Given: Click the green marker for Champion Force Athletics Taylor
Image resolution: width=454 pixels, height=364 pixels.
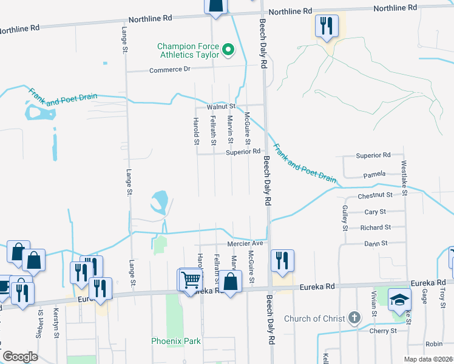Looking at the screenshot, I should click(x=228, y=49).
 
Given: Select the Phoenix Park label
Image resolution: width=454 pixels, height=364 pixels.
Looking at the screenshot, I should click(x=175, y=341).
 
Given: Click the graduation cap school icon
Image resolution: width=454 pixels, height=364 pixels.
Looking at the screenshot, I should click(x=399, y=299).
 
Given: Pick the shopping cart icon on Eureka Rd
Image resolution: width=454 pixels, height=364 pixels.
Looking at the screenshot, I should click(x=191, y=280).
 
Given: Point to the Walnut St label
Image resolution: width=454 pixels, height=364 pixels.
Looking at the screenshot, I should click(x=220, y=106).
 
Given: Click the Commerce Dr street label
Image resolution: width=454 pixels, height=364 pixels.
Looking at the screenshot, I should click(x=170, y=70).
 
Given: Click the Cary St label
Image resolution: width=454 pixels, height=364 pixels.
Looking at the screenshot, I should click(x=375, y=212).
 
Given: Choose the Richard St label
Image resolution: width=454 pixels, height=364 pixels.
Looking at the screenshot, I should click(x=375, y=227).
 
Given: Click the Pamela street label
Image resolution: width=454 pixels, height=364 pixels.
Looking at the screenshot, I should click(x=374, y=175).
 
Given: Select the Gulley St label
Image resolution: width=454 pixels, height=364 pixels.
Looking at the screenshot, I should click(x=344, y=218).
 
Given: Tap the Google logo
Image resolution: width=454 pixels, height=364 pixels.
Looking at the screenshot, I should click(x=21, y=356).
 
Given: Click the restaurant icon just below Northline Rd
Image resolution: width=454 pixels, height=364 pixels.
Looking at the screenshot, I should click(x=327, y=25).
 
